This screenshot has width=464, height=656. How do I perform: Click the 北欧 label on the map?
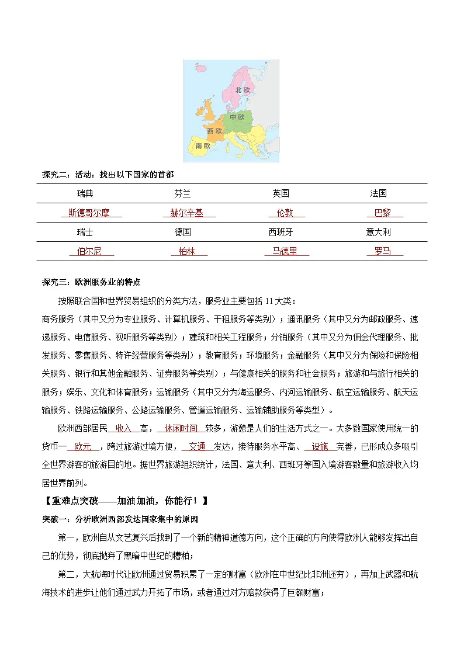(242, 90)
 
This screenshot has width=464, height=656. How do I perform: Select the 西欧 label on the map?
(214, 131)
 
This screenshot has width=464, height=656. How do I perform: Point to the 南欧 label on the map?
(203, 145)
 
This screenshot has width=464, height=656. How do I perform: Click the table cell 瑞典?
(85, 193)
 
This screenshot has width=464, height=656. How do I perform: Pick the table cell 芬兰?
(182, 193)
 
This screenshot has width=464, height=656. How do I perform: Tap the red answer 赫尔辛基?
(186, 213)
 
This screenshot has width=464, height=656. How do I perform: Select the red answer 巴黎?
(382, 213)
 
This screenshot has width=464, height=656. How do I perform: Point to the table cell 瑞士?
(85, 232)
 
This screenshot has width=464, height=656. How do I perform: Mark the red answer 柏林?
(185, 252)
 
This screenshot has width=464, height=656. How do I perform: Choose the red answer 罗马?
(382, 252)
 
